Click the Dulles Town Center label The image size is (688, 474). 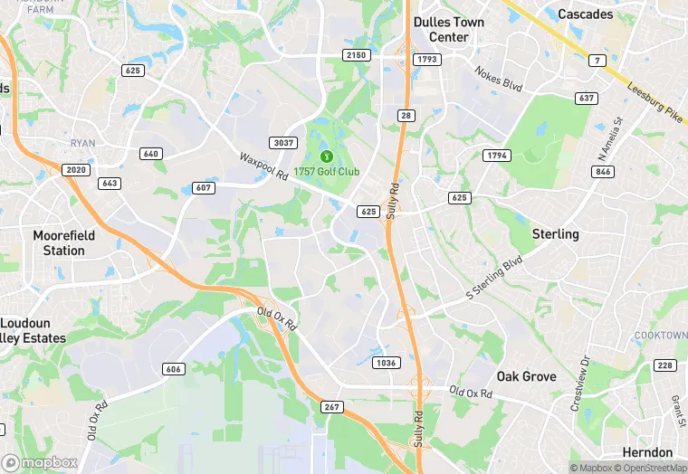tap(448, 30)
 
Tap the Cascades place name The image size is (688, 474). tap(585, 14)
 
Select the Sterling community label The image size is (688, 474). tap(555, 233)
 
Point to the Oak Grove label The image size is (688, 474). tap(525, 375)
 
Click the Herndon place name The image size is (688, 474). tap(648, 452)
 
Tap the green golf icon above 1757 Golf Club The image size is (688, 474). tap(327, 156)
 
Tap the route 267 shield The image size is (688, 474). tap(331, 407)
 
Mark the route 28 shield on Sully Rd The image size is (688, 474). tap(405, 115)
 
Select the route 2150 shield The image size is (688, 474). tap(357, 55)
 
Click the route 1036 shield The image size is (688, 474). tap(386, 362)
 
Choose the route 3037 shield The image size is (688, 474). tap(282, 142)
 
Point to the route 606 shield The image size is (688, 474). tap(174, 369)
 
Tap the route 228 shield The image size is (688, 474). tap(664, 365)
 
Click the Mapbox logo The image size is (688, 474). tap(40, 462)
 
